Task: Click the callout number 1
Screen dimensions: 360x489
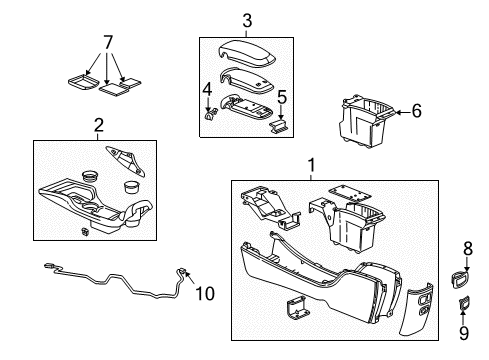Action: point(311,165)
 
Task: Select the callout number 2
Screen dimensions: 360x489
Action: point(98,125)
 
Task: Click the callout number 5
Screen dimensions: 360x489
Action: point(282,98)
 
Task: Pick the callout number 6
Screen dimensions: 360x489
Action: point(416,112)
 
